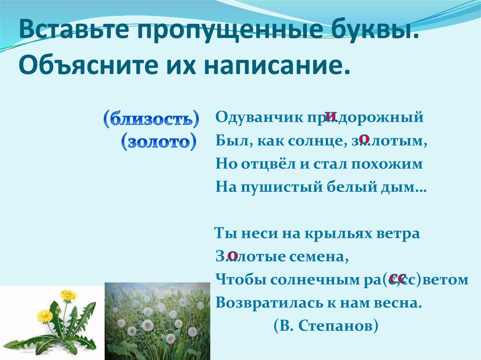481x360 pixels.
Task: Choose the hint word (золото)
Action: [159, 142]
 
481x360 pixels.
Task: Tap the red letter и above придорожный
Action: [330, 116]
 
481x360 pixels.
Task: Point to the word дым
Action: [403, 187]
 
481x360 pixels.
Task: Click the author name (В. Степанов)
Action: [326, 326]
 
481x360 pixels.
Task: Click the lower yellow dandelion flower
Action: [45, 315]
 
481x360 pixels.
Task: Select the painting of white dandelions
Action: [158, 321]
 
